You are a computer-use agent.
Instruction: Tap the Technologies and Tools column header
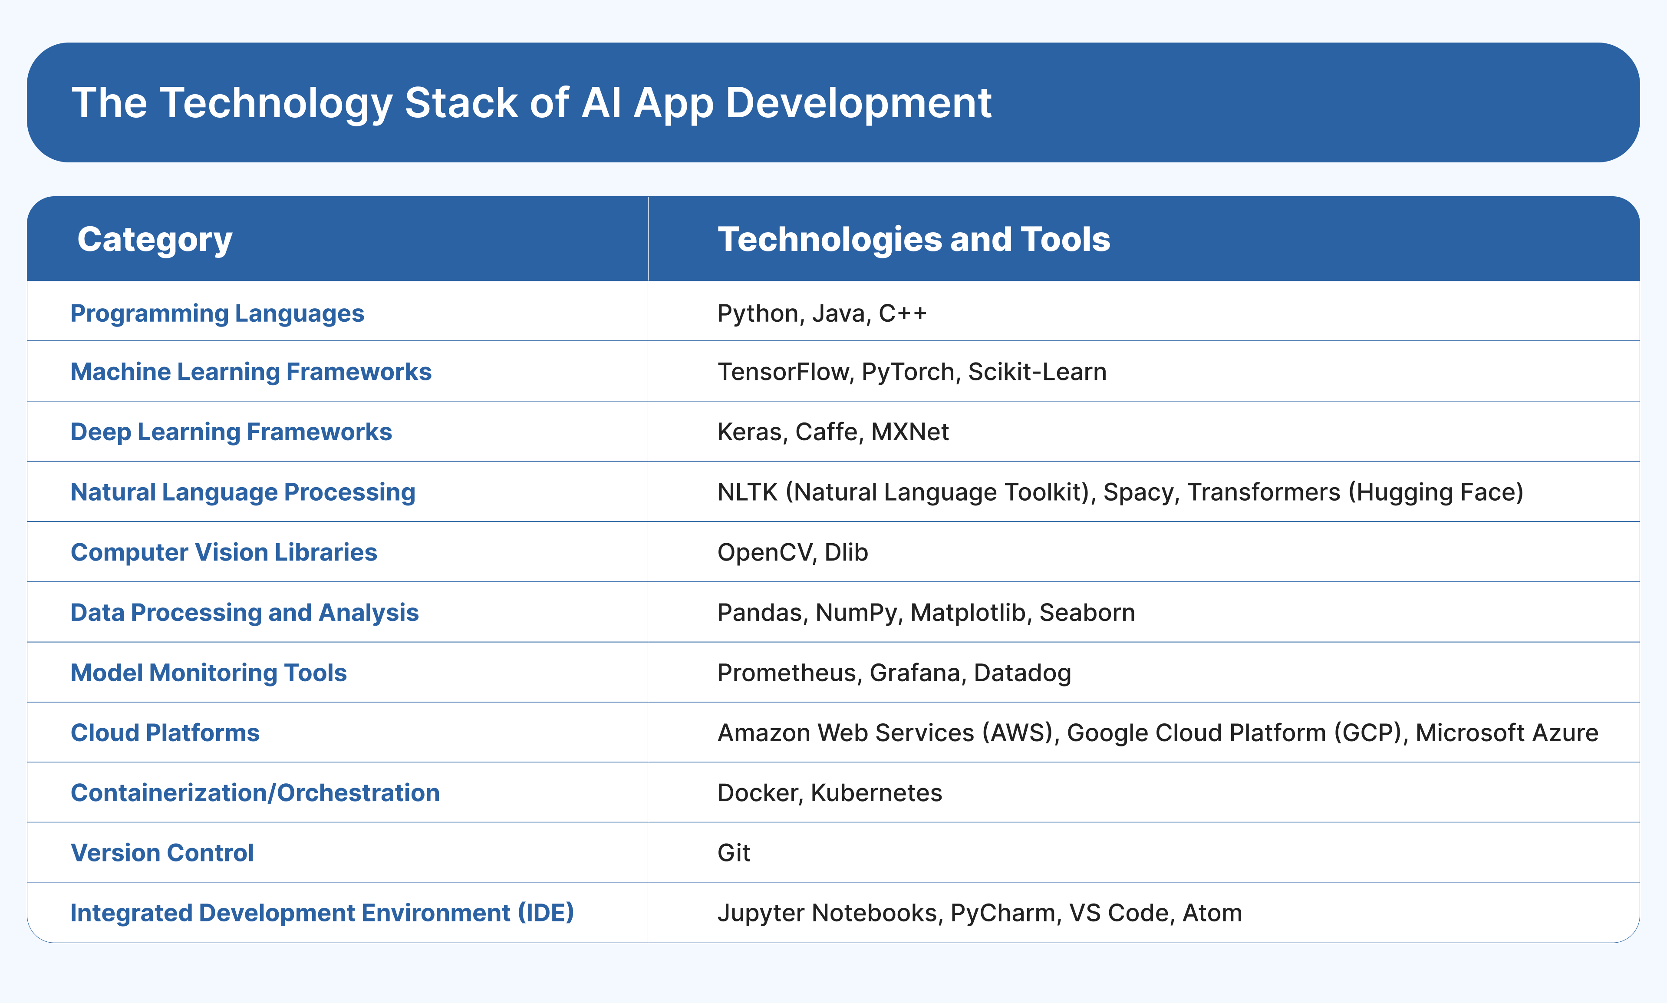913,239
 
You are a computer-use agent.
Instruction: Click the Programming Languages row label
217,313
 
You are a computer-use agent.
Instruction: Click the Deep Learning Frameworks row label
231,432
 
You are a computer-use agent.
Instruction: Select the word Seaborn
1087,612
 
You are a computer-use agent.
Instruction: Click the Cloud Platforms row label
165,732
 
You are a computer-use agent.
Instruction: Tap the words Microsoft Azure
1506,732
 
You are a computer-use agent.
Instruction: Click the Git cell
733,853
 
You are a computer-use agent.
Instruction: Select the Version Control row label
162,853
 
